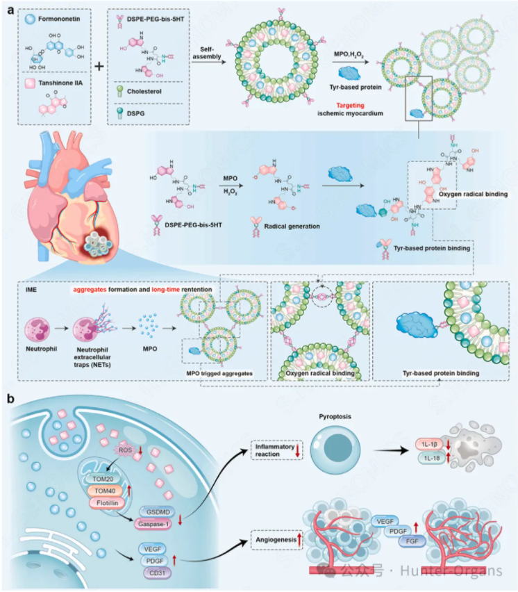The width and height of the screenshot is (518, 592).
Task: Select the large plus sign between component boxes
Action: point(99,67)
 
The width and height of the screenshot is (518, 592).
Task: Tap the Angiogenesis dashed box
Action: point(273,536)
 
